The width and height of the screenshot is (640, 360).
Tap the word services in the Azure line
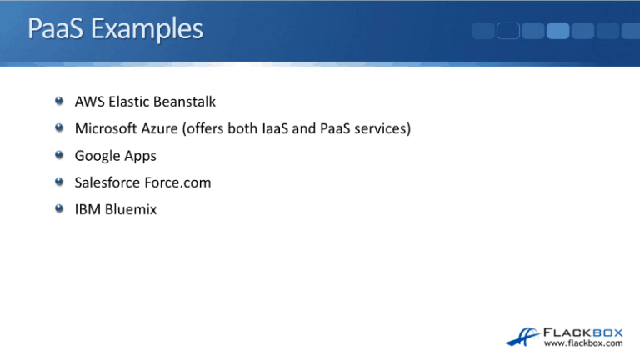(x=382, y=129)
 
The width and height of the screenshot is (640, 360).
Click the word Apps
(x=139, y=157)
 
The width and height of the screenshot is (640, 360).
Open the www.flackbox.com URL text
(x=583, y=342)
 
